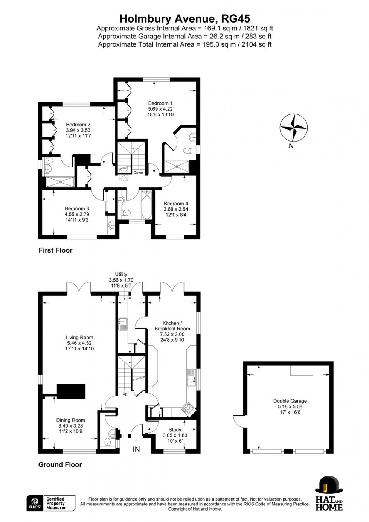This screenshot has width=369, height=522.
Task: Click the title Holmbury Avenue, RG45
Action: [x=184, y=18]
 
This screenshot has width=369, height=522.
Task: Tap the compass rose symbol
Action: [x=294, y=128]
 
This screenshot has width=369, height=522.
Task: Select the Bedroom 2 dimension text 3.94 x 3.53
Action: [x=78, y=130]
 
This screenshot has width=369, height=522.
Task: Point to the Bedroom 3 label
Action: [x=77, y=208]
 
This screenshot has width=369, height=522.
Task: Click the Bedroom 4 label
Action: [x=176, y=204]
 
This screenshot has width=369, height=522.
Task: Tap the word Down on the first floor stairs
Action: [x=138, y=173]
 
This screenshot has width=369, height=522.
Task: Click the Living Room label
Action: [x=79, y=338]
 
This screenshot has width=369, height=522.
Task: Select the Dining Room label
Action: [x=70, y=420]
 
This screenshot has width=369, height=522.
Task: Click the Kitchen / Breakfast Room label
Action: [x=172, y=326]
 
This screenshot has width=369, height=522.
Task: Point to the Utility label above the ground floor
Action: [x=121, y=274]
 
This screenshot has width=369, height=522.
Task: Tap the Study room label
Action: [x=175, y=429]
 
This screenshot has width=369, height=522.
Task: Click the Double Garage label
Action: [x=290, y=401]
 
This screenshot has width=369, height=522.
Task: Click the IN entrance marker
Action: [x=136, y=449]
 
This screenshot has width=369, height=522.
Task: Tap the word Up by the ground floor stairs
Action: [x=125, y=394]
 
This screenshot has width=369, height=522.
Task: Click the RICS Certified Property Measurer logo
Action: [x=51, y=503]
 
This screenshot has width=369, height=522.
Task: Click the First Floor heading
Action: [x=55, y=250]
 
